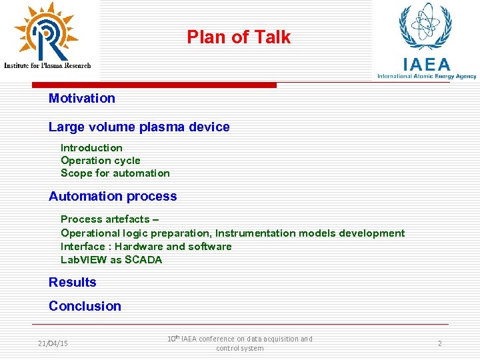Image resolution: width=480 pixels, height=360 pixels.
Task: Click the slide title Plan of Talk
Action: tap(239, 37)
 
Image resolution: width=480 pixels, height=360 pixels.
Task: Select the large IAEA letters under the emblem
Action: tap(426, 65)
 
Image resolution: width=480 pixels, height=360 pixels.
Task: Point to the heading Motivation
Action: tap(81, 99)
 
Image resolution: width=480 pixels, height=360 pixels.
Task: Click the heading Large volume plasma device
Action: tap(139, 127)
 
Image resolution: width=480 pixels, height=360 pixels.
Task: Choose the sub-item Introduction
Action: tap(91, 148)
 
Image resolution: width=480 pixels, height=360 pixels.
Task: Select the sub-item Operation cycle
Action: tap(100, 161)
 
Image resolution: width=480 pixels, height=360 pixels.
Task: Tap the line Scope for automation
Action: tap(115, 173)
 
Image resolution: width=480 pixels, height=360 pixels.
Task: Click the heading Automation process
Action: tap(113, 197)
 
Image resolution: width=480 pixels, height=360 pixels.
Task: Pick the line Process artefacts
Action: tap(109, 219)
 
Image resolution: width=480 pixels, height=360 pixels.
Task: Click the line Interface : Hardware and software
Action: tap(146, 247)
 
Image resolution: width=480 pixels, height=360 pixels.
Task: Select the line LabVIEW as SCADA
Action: tap(111, 260)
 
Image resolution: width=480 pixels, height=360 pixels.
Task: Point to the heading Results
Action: tap(72, 283)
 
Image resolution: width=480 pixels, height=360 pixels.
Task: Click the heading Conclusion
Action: tap(85, 307)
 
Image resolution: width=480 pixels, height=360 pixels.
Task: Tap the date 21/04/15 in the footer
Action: tap(53, 343)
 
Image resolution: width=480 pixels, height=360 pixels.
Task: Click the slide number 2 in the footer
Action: tap(439, 343)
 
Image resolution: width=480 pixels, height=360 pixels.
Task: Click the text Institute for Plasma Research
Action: tap(47, 65)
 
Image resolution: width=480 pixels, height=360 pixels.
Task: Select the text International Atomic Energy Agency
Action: tap(427, 76)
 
